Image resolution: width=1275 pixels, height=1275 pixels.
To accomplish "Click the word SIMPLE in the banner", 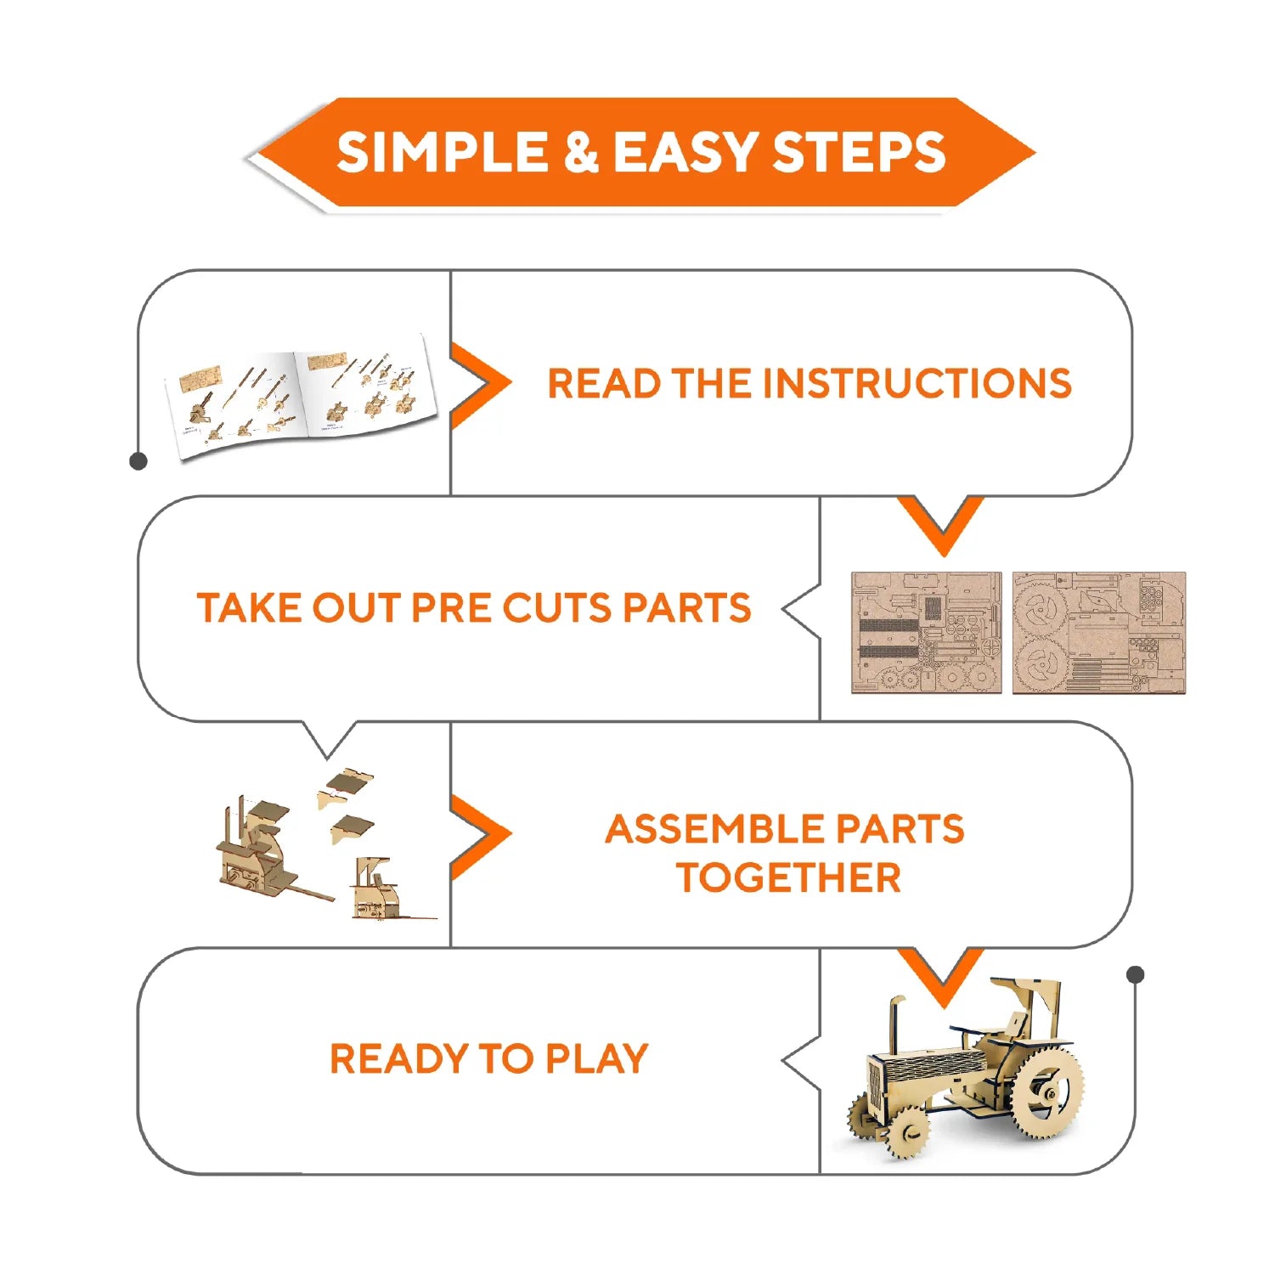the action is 443,152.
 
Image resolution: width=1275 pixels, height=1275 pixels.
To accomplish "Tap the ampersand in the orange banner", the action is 581,152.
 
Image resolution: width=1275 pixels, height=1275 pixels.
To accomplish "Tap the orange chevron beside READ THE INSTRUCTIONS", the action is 480,384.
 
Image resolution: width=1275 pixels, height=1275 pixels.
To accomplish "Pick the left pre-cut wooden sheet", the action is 927,633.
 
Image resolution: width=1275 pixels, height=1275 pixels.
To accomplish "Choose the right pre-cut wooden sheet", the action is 1098,633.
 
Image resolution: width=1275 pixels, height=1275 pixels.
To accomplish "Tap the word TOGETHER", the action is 788,877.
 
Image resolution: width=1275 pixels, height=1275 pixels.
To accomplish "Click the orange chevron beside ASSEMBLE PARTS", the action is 480,836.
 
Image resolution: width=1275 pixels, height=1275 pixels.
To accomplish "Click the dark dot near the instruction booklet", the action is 138,461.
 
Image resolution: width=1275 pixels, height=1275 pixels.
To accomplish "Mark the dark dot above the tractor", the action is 1136,974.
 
